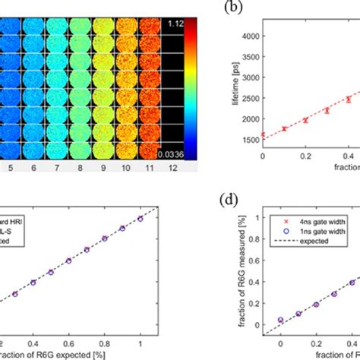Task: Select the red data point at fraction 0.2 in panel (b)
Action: tap(305, 120)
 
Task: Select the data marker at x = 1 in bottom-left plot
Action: tap(140, 218)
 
